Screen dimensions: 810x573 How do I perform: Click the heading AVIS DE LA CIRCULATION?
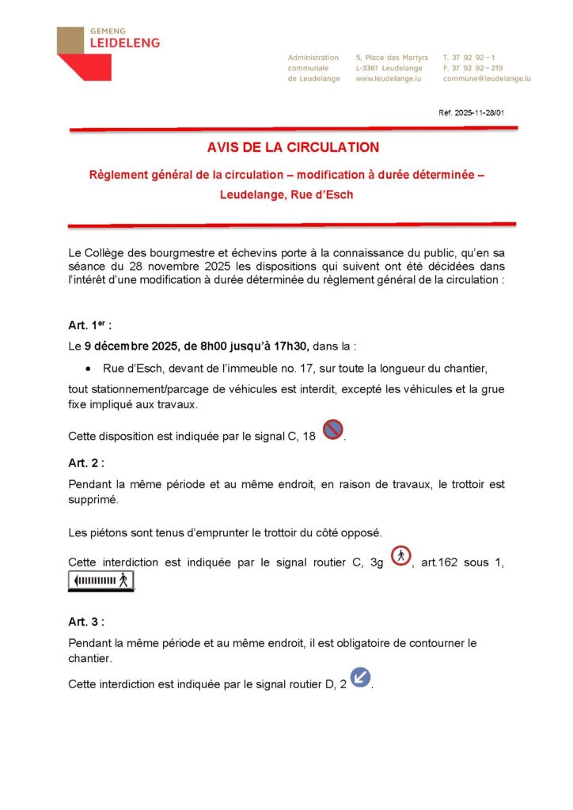(293, 147)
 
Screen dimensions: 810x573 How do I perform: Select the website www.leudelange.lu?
(387, 79)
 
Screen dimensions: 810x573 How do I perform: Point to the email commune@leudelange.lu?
(487, 79)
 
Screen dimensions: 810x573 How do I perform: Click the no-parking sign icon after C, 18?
(333, 430)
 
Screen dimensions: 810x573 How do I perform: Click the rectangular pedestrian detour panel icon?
(101, 581)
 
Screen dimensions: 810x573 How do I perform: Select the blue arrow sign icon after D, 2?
(360, 678)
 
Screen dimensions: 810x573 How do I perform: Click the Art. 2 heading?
(86, 463)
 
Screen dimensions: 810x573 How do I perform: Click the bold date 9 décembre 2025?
(131, 346)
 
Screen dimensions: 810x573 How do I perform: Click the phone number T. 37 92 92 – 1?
(469, 58)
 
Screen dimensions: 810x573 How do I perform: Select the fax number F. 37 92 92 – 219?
(472, 68)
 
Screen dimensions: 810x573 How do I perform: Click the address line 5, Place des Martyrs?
(392, 58)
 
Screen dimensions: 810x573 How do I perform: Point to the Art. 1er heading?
(90, 324)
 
